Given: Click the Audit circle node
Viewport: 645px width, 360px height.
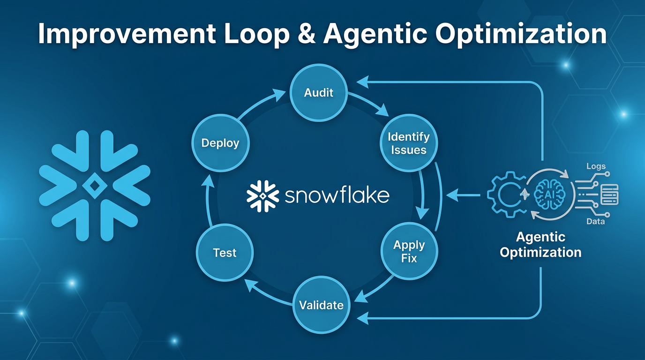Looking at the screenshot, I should [x=319, y=92].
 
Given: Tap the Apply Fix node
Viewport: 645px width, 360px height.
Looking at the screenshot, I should [x=409, y=251].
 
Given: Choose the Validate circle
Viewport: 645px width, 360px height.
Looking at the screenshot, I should [x=321, y=305].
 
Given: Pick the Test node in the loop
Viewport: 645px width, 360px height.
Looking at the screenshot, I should [x=225, y=253].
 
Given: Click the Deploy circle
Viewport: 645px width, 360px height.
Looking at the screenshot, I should [x=220, y=143].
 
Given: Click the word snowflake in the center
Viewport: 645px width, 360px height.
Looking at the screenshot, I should [x=337, y=195].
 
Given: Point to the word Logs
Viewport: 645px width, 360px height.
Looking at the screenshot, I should [x=596, y=166].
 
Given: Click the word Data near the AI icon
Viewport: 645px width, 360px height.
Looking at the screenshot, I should [x=595, y=221].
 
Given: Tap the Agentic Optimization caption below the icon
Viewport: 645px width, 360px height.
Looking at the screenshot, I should [x=540, y=244].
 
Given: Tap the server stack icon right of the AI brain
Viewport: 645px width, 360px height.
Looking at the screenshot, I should [x=609, y=194].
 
